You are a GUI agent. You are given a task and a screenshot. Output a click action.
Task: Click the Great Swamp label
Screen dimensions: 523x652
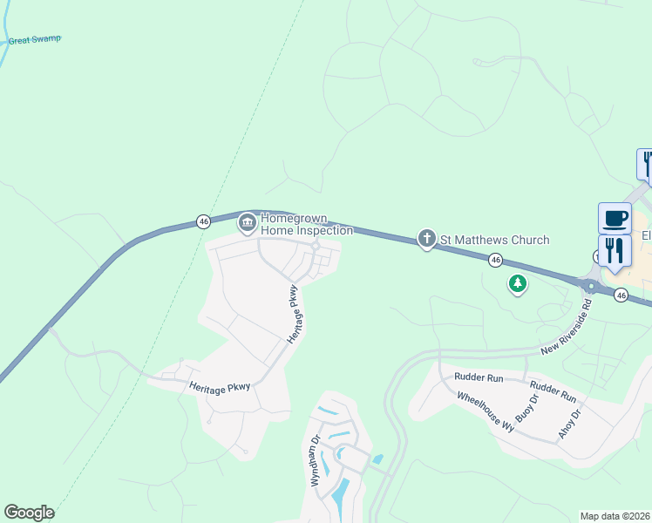[35, 40]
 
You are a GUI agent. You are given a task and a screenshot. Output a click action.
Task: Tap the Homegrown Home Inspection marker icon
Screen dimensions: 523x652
[248, 223]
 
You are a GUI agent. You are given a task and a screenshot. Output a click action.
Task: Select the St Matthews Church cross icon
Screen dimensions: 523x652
[426, 239]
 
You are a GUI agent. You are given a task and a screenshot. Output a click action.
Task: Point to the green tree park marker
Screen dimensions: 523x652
[518, 283]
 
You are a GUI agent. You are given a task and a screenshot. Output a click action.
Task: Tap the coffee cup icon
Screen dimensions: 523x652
[615, 218]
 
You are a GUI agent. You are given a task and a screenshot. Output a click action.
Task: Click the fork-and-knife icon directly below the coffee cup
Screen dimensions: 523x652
[615, 250]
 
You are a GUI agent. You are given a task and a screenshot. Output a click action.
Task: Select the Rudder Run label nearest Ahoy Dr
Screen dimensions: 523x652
[552, 394]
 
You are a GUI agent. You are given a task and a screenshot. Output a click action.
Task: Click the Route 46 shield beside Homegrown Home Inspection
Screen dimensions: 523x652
[203, 221]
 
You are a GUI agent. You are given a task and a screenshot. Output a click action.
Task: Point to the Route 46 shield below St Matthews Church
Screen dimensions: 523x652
[495, 260]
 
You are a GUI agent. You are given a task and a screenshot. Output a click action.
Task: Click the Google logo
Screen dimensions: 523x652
[29, 513]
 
